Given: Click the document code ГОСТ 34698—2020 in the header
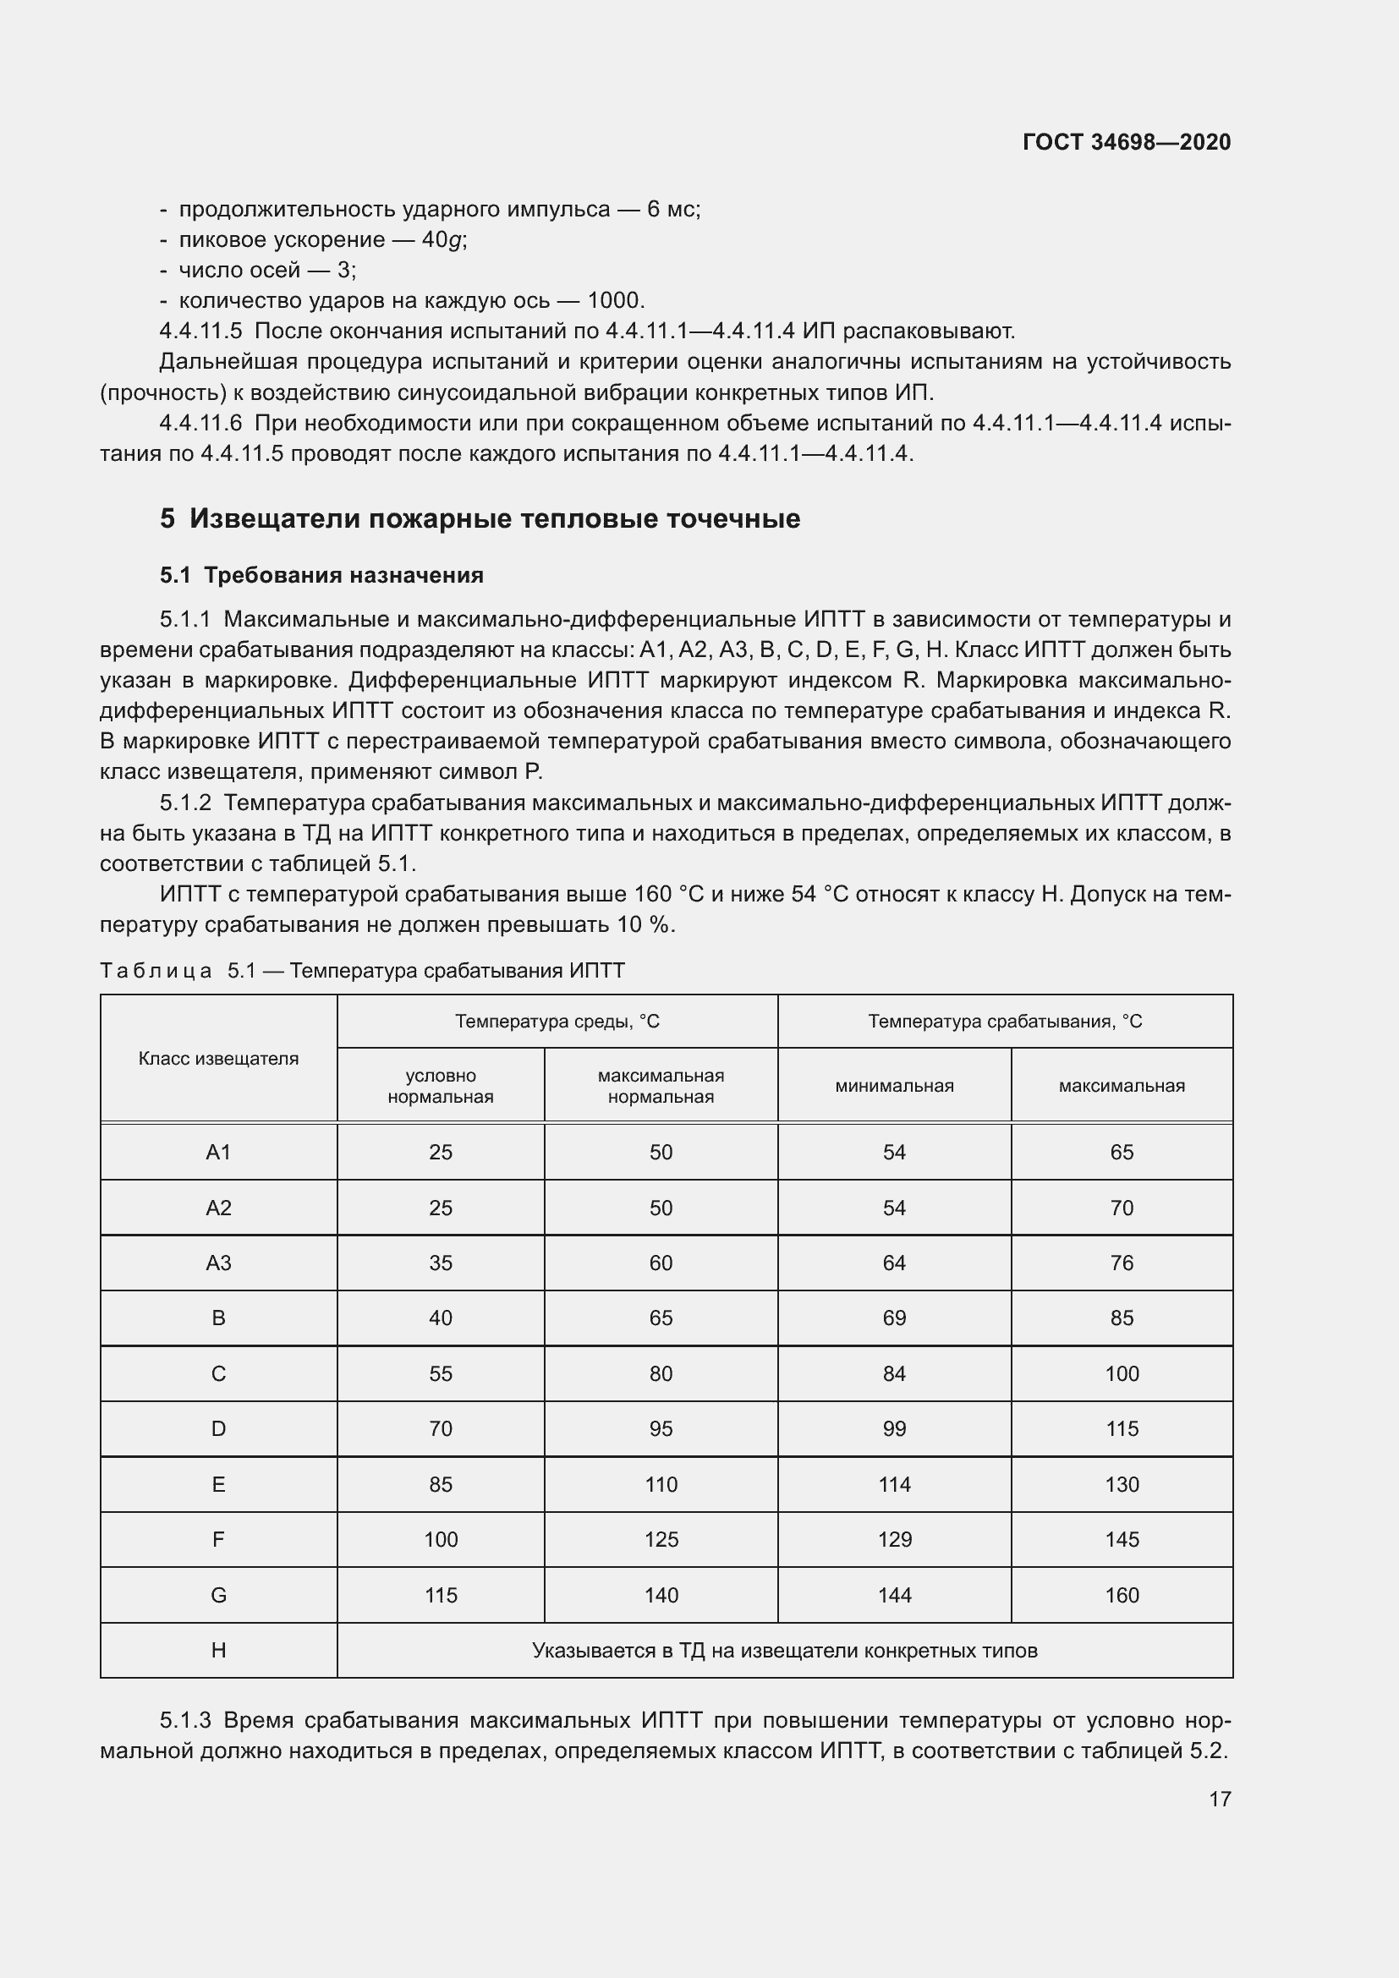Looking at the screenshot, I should click(x=1126, y=142).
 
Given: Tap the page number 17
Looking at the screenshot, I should click(x=1220, y=1799).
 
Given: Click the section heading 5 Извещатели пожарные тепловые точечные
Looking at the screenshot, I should click(x=480, y=518).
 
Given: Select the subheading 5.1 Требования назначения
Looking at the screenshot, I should click(x=321, y=576).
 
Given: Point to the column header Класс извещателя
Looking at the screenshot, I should click(x=218, y=1059).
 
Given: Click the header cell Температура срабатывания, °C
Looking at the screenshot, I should click(x=1005, y=1022).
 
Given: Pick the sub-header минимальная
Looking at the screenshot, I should click(x=894, y=1086).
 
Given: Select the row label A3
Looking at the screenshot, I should click(x=218, y=1263).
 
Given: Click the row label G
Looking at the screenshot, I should click(x=218, y=1596).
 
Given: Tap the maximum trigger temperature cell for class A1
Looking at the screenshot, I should click(x=1122, y=1153).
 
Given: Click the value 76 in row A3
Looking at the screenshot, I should click(x=1122, y=1263).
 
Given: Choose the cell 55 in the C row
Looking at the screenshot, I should click(x=440, y=1374).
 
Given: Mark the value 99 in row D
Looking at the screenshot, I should click(x=894, y=1429).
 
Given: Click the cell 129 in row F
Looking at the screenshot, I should click(x=894, y=1539).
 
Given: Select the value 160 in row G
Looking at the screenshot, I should click(x=1122, y=1596).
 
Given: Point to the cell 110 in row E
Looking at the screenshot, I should click(x=661, y=1484).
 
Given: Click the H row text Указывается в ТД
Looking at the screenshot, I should click(x=784, y=1651).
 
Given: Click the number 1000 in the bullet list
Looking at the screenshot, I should click(x=614, y=301).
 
